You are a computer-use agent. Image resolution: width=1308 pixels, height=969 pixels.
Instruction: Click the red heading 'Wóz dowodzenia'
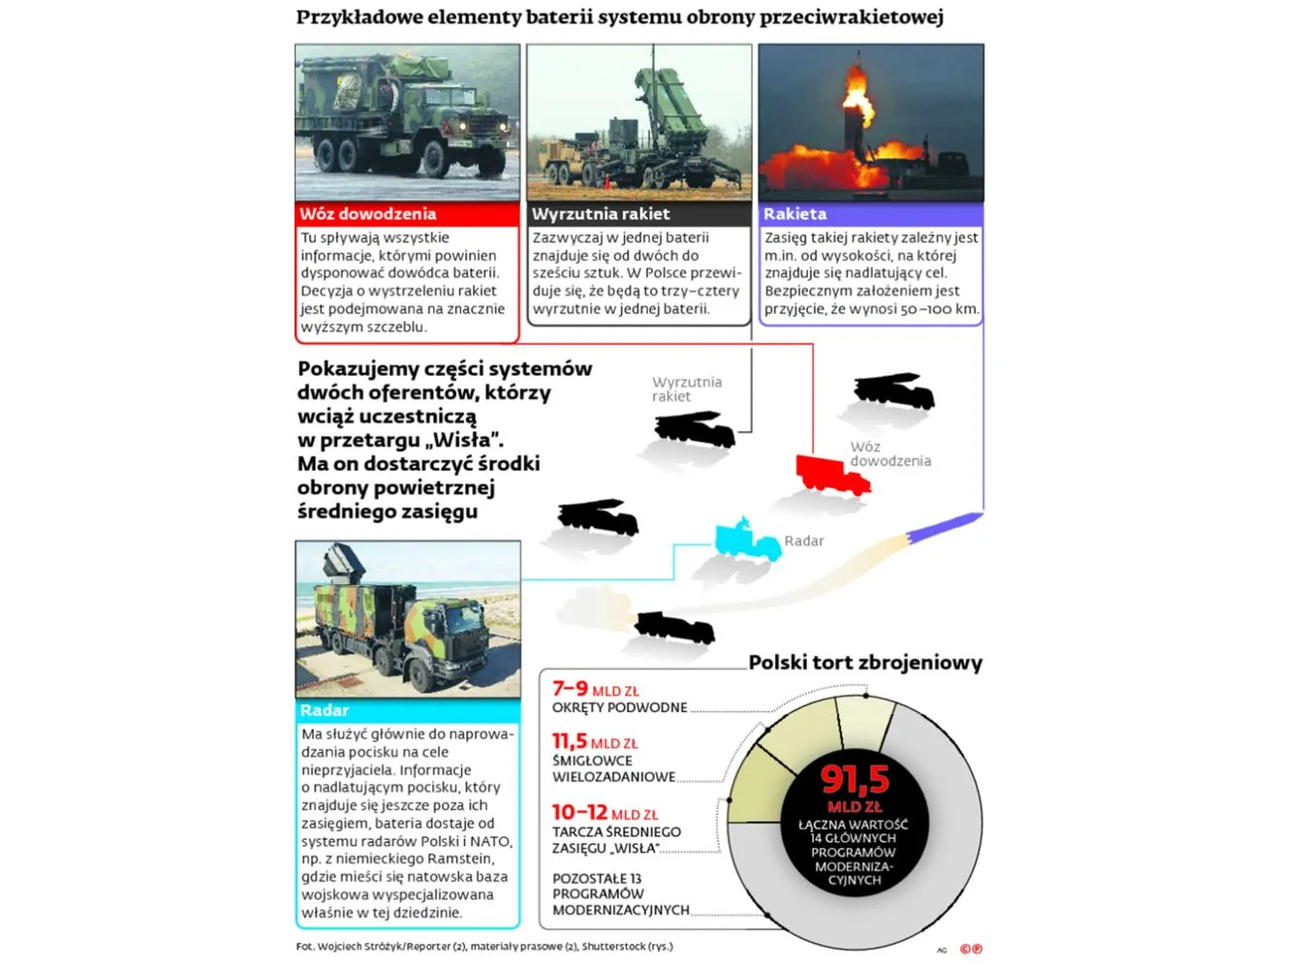(368, 214)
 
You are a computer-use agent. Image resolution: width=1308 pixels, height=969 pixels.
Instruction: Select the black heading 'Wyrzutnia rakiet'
(601, 214)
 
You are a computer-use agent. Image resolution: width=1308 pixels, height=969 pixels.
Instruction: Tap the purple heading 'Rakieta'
(794, 214)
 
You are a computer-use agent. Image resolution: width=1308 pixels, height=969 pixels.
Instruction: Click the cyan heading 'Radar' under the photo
(325, 710)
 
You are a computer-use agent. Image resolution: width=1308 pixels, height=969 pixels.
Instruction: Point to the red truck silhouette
(831, 474)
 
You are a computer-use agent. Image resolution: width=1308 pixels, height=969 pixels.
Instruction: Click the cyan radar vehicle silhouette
(746, 541)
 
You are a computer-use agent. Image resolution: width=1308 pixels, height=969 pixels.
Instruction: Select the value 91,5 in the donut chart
(855, 779)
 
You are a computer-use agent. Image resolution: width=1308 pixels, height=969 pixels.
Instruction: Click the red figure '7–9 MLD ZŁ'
(595, 689)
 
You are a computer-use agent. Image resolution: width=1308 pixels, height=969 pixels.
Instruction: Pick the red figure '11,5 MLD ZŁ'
(595, 742)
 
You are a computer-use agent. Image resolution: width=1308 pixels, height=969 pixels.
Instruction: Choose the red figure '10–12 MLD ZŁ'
(605, 813)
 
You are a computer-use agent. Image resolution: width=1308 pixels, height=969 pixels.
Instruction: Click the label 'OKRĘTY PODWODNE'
(619, 708)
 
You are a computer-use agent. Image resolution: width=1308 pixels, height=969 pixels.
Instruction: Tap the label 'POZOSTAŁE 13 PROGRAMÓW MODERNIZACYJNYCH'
(620, 893)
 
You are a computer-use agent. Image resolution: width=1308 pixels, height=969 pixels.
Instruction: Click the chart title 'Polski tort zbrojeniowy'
(865, 663)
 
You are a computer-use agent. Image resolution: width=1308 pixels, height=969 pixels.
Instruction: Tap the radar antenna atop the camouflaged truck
(343, 561)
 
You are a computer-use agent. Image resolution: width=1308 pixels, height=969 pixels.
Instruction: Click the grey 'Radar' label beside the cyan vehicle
(804, 542)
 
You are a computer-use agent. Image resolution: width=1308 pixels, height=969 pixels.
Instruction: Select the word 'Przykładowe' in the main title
(359, 16)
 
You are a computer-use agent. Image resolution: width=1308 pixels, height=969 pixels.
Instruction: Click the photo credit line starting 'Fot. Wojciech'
(484, 947)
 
